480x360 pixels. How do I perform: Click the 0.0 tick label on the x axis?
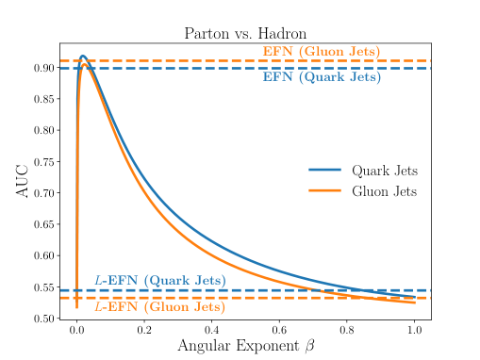point(76,332)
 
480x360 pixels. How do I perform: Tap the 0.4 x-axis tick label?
point(211,332)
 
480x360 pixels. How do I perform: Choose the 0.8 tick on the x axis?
point(347,332)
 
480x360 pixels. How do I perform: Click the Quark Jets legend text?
point(385,171)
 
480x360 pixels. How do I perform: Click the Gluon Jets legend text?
point(385,191)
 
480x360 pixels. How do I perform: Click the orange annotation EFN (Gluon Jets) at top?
point(321,51)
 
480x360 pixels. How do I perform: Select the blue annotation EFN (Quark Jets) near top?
point(321,77)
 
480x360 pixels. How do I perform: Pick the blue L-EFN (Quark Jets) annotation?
point(159,280)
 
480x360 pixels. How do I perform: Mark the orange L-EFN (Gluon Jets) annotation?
point(159,306)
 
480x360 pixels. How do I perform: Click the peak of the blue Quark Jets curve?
point(83,57)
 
